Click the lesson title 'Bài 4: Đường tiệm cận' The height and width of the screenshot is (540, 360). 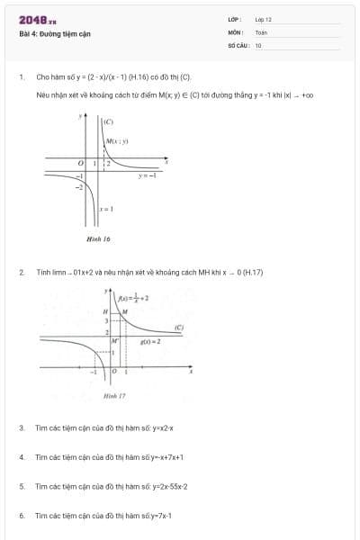(x=54, y=34)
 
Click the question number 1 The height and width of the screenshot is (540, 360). (x=21, y=77)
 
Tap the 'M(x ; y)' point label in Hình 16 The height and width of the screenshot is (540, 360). (x=118, y=141)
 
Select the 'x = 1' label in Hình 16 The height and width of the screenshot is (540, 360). (x=105, y=210)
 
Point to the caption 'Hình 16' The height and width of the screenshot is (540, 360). (x=98, y=239)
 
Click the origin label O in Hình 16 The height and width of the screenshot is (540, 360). (x=80, y=163)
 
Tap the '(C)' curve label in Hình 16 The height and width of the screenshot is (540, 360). (x=108, y=121)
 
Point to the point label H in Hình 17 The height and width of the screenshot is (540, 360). (x=104, y=311)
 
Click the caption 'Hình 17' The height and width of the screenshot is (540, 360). (x=114, y=395)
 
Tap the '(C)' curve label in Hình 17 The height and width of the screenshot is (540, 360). (x=179, y=328)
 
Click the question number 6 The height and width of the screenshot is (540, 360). (x=21, y=516)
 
